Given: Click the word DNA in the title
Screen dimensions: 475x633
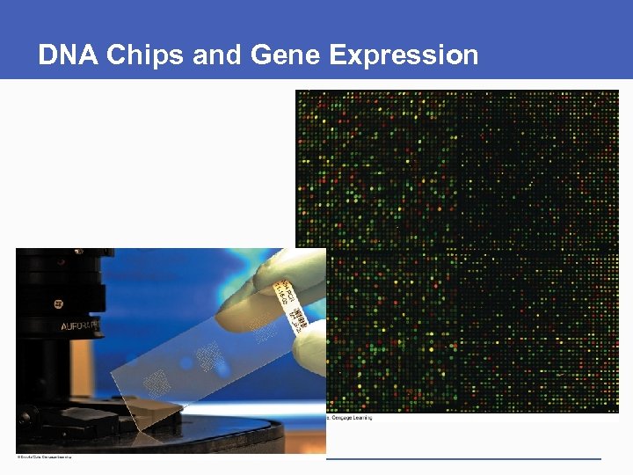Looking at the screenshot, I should point(69,55).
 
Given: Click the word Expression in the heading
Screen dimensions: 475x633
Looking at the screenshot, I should point(404,55).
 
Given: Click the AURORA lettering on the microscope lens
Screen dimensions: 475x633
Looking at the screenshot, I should point(82,326).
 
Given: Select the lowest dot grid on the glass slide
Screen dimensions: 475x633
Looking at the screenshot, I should point(157,381).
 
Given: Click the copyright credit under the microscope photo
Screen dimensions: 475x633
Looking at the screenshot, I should point(44,457).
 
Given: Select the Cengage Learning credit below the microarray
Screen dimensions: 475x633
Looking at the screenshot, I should point(350,418).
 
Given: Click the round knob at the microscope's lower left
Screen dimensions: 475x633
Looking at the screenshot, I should point(25,414).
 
